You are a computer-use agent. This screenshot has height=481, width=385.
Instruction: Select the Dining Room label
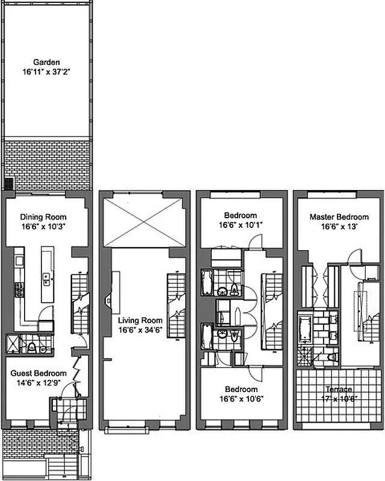(x=43, y=217)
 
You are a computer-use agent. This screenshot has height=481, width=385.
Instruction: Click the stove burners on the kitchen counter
(x=19, y=290)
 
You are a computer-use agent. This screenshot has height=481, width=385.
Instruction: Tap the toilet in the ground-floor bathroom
(x=31, y=347)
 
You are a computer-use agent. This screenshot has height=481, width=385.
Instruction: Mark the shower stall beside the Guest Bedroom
(x=13, y=344)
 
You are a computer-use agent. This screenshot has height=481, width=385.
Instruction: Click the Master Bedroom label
(x=339, y=217)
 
